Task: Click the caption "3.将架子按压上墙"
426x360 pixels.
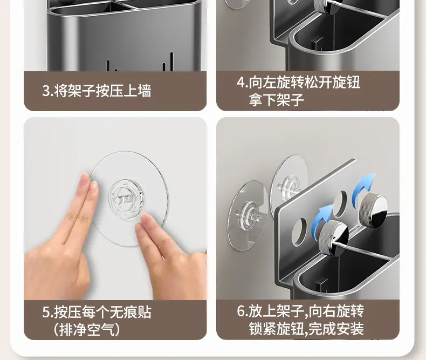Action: click(x=97, y=91)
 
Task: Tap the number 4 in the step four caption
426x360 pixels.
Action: click(x=241, y=82)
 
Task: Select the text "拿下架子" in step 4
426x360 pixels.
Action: click(x=276, y=100)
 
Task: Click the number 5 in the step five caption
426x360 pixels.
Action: click(x=46, y=312)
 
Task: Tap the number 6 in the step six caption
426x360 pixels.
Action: click(x=241, y=311)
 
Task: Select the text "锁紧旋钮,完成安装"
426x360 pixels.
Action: click(x=306, y=329)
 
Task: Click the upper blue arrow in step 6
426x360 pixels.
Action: click(x=363, y=186)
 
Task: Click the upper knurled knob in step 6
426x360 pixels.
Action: click(x=373, y=209)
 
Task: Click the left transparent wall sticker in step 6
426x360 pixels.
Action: click(x=248, y=215)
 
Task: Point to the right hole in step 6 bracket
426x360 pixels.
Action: click(x=341, y=204)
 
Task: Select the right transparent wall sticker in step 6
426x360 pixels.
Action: click(x=289, y=179)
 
